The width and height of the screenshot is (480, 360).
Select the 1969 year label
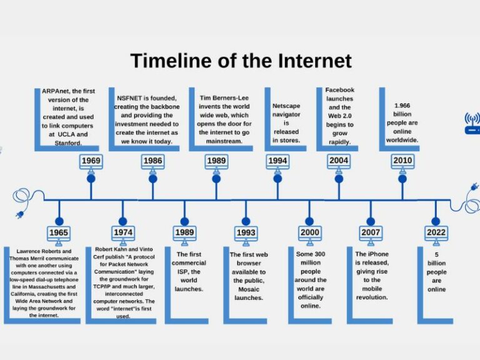(x=91, y=161)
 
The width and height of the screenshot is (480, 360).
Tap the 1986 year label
(x=152, y=161)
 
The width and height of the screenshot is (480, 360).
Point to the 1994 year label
(x=277, y=161)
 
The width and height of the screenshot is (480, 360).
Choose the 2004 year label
(x=339, y=161)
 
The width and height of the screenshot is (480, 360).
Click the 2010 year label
(x=402, y=161)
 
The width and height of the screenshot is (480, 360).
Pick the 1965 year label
(x=59, y=233)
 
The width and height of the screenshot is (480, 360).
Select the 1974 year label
(x=122, y=233)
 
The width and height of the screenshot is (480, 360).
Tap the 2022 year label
(x=436, y=233)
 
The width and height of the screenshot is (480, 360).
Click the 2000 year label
(x=309, y=233)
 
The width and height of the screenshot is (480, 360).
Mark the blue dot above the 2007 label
(x=371, y=221)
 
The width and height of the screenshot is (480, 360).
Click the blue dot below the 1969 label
(x=91, y=179)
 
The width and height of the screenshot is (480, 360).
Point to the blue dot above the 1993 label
(x=246, y=221)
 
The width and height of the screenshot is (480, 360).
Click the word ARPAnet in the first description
(x=56, y=92)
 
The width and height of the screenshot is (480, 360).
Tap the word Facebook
(x=339, y=90)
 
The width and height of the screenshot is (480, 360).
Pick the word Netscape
(x=286, y=106)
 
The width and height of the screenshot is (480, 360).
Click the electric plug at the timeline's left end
(x=19, y=212)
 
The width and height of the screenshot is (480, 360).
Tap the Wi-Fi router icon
(x=472, y=123)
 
